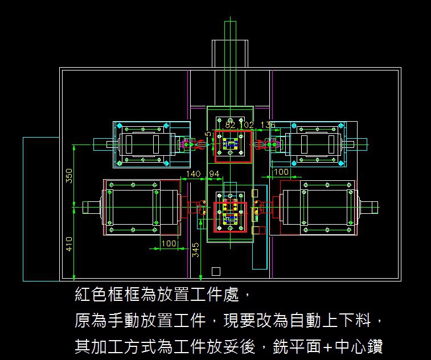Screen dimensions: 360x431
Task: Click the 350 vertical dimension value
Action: coord(69,176)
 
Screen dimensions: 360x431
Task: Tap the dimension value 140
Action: coord(194,173)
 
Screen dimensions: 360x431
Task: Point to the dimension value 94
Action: coord(214,173)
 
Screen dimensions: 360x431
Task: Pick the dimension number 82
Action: coord(231,125)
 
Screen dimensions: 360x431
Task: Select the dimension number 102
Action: coord(247,125)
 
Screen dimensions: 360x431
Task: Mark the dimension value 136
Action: coord(268,125)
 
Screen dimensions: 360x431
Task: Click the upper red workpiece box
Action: coord(232,146)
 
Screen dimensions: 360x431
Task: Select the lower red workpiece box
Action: coord(230,217)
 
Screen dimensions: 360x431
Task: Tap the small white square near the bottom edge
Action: coord(216,271)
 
